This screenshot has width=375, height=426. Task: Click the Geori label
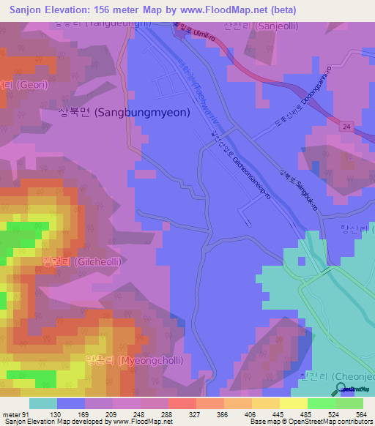16,84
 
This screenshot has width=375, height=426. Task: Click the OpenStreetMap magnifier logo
340,390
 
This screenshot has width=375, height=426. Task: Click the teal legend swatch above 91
44,403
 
